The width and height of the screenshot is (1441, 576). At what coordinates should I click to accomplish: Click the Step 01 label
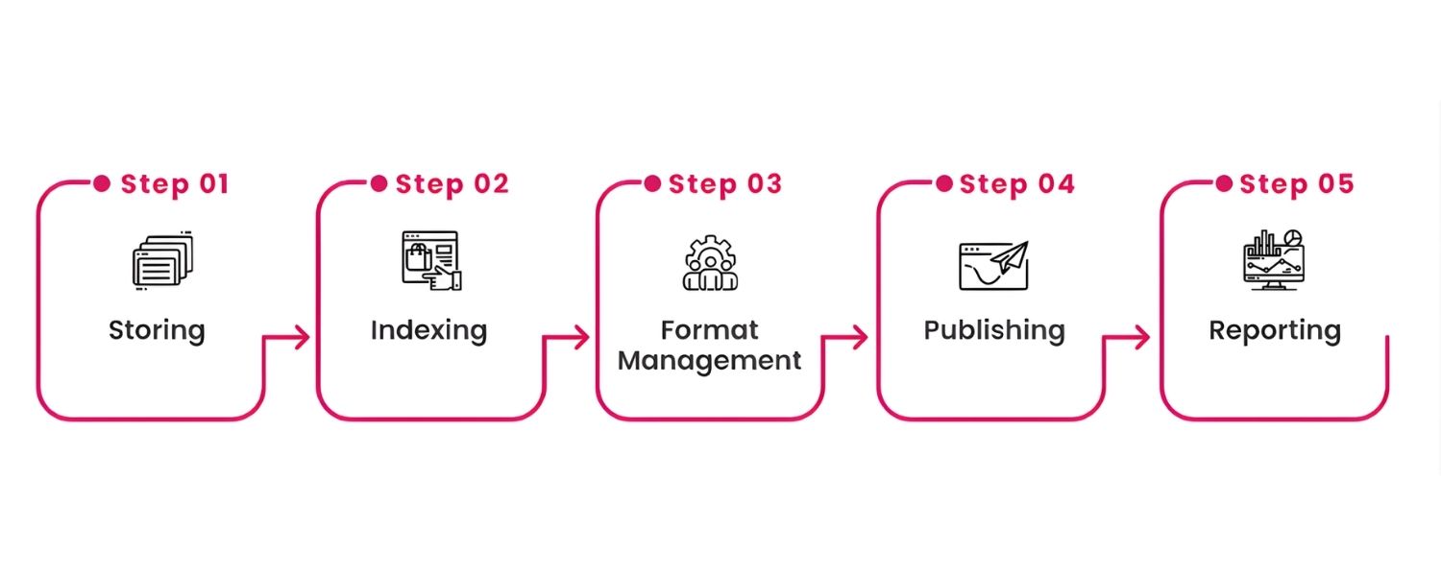(x=175, y=183)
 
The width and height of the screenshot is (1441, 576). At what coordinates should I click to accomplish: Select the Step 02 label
(x=452, y=183)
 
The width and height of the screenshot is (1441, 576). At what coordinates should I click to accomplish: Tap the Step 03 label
(x=725, y=183)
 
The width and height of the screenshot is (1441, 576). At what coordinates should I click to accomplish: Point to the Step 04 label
(x=1016, y=183)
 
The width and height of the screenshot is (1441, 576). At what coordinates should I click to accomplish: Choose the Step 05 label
(x=1296, y=183)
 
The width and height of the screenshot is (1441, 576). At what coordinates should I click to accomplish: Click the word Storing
(x=157, y=330)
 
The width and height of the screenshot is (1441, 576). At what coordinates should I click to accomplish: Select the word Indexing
(x=428, y=330)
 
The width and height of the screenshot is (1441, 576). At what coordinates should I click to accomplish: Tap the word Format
(x=709, y=330)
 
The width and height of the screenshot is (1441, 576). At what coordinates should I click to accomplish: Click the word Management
(x=709, y=361)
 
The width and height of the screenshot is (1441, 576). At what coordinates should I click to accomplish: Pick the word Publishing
(x=994, y=330)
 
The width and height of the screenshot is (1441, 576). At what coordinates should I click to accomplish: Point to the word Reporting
(x=1274, y=330)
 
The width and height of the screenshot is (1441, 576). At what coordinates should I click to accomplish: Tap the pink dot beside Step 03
(x=652, y=183)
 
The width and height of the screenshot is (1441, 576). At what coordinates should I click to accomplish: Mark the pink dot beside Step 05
(x=1224, y=183)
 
